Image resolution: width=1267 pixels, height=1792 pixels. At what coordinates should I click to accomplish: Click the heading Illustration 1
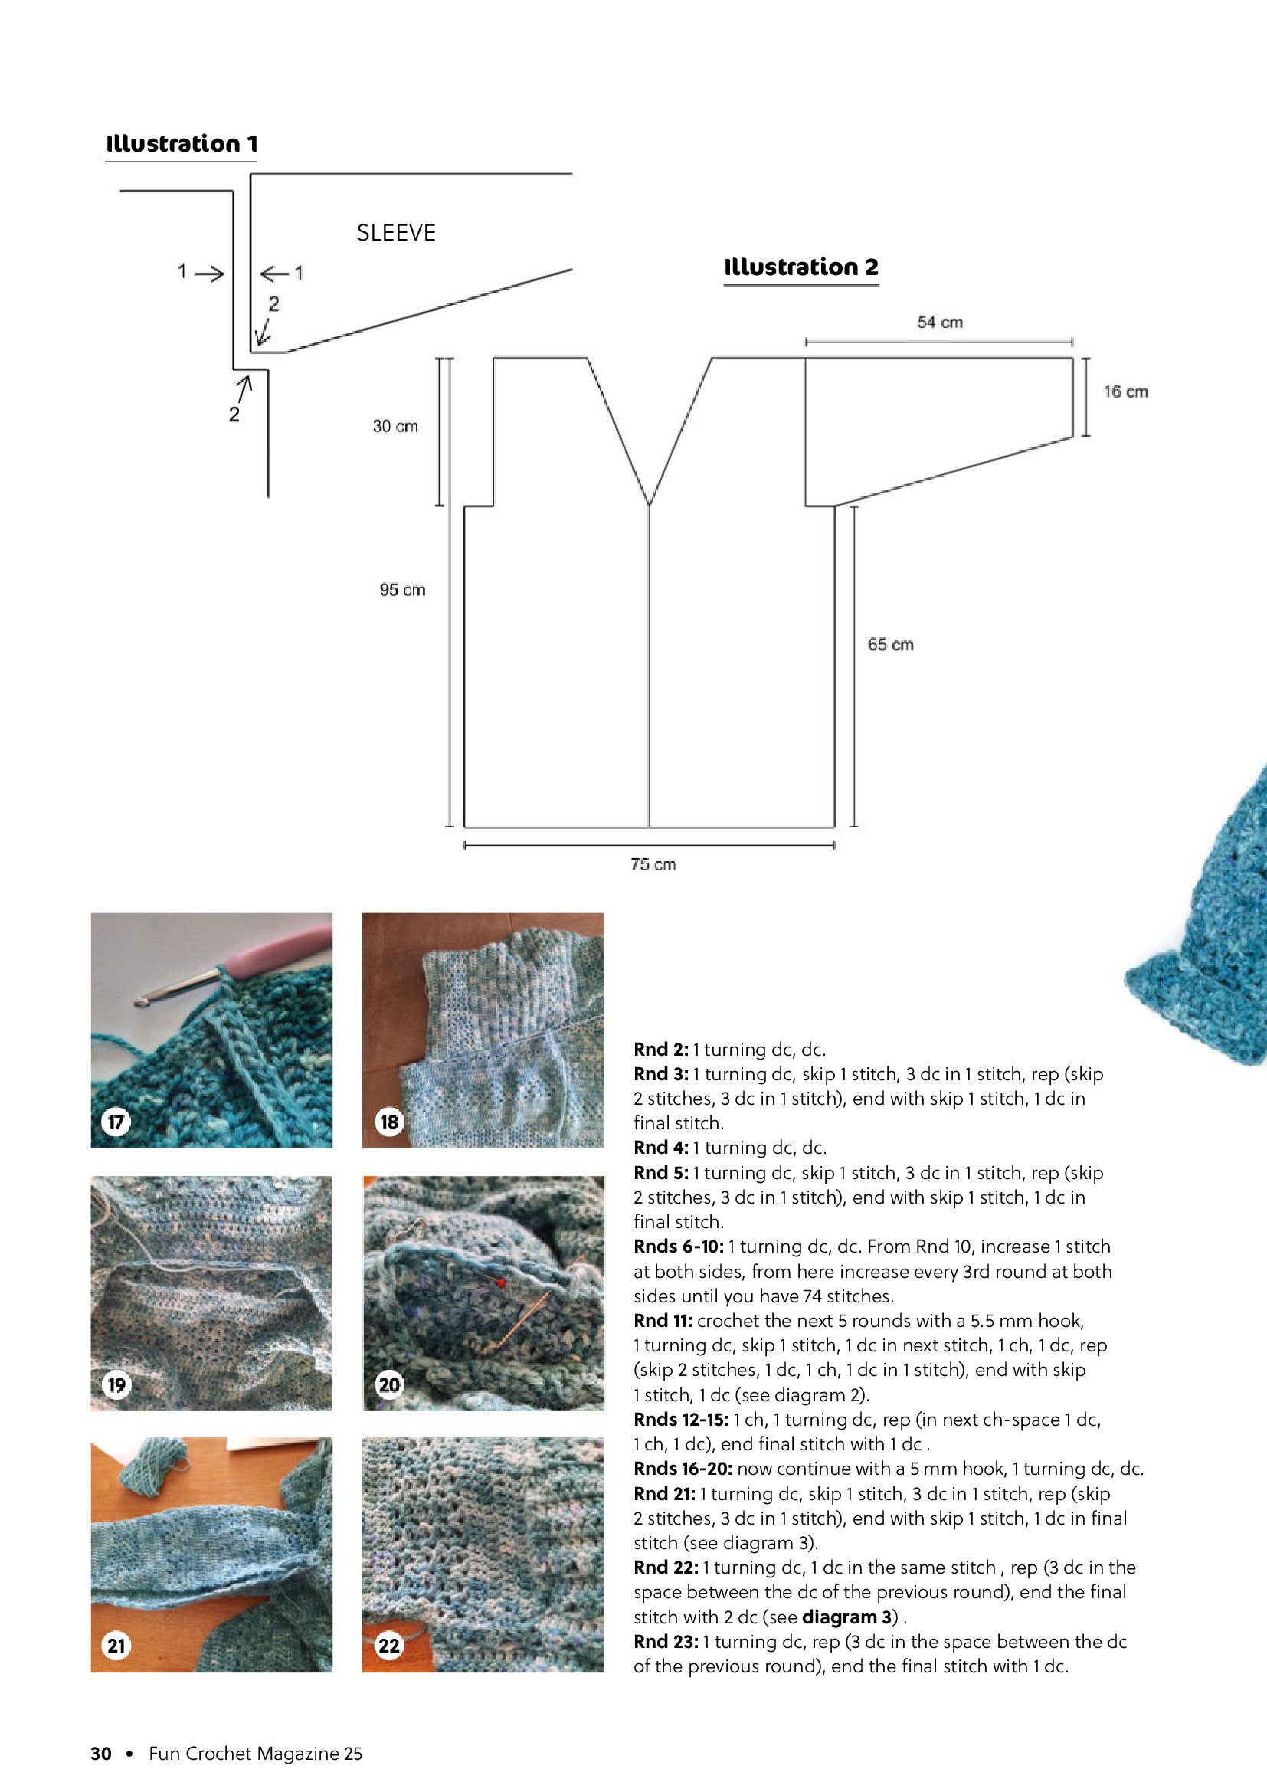pos(181,143)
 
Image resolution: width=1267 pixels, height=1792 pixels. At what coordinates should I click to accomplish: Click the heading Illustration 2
pos(801,267)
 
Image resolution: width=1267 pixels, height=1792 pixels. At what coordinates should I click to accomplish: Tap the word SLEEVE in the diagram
pos(396,233)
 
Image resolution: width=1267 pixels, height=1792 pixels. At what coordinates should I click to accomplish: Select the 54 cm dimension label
pos(939,323)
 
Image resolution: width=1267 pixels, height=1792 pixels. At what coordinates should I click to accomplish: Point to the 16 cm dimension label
pos(1125,391)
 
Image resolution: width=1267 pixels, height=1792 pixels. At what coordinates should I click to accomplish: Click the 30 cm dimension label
pos(395,426)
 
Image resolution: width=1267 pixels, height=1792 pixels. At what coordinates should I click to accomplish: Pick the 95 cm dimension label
pos(403,590)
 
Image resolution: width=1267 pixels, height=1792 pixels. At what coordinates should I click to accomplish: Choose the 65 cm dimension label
pos(890,644)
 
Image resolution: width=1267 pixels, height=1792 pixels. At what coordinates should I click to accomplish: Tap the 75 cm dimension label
pos(653,864)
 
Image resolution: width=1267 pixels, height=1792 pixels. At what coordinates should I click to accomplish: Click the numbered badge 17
pos(116,1122)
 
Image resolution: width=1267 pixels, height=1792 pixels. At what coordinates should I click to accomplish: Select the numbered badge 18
pos(388,1122)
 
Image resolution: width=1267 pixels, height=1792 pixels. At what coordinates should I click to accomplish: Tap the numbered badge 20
pos(388,1385)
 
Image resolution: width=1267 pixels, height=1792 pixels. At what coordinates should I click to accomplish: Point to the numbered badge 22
pos(388,1646)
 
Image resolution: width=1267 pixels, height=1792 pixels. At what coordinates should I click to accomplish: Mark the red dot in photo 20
pos(501,1283)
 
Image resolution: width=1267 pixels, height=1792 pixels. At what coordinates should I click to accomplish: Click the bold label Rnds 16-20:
pos(683,1469)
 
